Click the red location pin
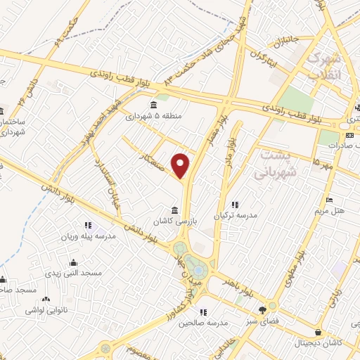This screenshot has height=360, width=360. [x=181, y=165]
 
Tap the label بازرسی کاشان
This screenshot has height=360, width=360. [x=174, y=221]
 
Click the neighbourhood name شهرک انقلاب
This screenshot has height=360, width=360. [x=325, y=64]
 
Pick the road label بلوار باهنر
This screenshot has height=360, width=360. [x=233, y=285]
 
